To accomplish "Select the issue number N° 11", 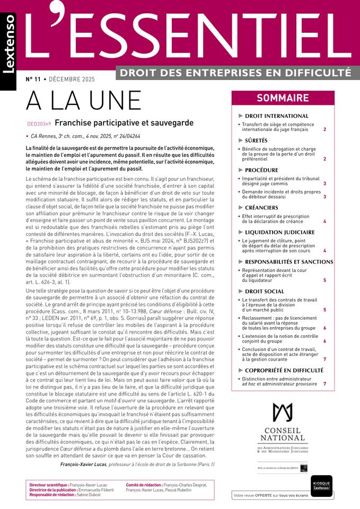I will click(x=33, y=79).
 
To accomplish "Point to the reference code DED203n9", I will click(x=39, y=124).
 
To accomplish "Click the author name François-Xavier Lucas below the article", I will click(x=83, y=464).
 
